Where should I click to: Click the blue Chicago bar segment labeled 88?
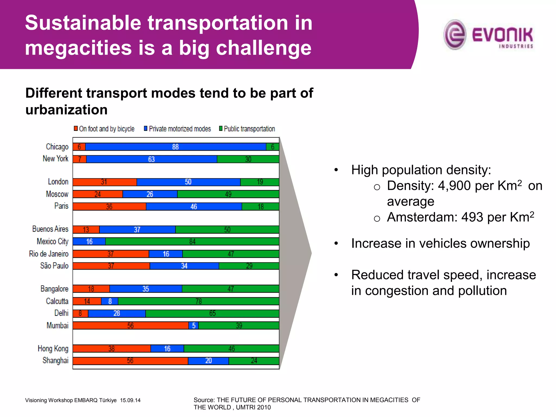tap(175, 147)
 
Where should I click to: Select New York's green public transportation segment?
tap(248, 159)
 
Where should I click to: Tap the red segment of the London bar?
tap(105, 182)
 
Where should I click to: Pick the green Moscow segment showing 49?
tap(228, 194)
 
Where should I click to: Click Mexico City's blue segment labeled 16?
tap(89, 241)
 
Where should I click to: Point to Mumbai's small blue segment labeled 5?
tap(194, 326)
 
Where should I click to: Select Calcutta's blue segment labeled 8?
tap(110, 301)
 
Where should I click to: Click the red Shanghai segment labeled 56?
tap(130, 361)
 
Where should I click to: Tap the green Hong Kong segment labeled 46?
tap(231, 349)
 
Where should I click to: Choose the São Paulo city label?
tap(54, 266)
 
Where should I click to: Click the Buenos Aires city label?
tap(50, 229)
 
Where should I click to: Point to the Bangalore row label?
tap(54, 289)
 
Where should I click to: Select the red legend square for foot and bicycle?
tap(76, 128)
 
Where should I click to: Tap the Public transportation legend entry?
tap(249, 129)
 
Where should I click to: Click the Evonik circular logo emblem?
tap(455, 34)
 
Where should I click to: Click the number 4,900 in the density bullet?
tap(454, 186)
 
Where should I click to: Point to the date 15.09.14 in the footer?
tap(130, 400)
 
